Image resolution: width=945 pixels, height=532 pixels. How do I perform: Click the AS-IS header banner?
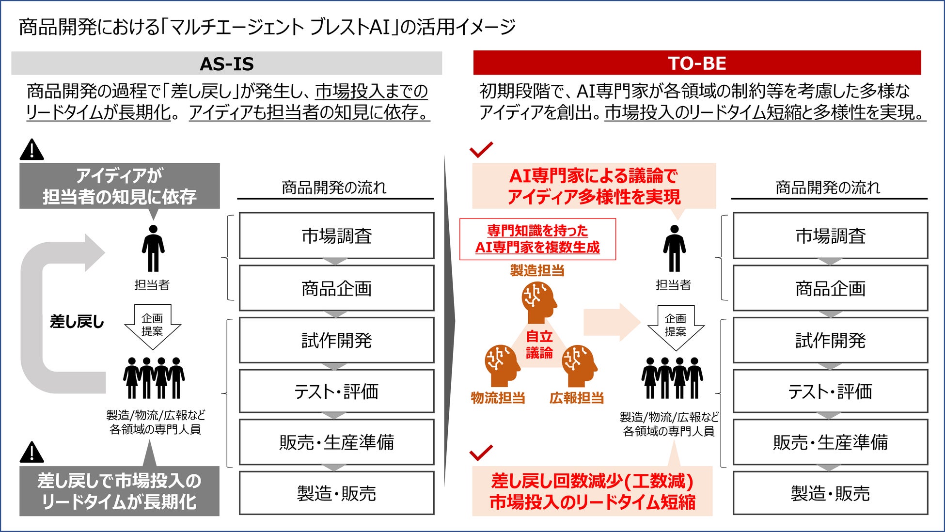(226, 63)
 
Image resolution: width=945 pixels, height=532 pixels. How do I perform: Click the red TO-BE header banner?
(697, 63)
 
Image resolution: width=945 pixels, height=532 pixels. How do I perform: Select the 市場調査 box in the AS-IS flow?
(336, 236)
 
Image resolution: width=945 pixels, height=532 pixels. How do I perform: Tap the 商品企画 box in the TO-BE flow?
(830, 288)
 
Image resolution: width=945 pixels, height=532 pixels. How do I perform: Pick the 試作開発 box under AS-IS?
(336, 340)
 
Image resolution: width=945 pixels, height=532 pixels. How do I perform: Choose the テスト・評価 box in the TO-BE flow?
(830, 391)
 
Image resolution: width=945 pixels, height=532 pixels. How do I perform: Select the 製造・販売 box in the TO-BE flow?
(830, 493)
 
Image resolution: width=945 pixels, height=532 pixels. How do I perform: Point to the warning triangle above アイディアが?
(31, 150)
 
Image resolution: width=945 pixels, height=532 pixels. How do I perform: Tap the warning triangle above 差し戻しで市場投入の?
(31, 453)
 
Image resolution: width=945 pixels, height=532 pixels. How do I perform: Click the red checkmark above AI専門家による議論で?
(481, 150)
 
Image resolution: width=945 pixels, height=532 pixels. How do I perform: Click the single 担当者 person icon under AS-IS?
(153, 248)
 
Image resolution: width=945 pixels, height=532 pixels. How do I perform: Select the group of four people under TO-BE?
(672, 378)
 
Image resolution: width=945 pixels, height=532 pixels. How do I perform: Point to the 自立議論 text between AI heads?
(539, 344)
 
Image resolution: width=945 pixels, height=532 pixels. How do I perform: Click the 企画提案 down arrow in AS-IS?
(153, 326)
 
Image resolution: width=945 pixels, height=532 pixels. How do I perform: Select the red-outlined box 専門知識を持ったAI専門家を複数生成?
(537, 239)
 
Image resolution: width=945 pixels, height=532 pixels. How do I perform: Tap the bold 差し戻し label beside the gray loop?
(77, 321)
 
